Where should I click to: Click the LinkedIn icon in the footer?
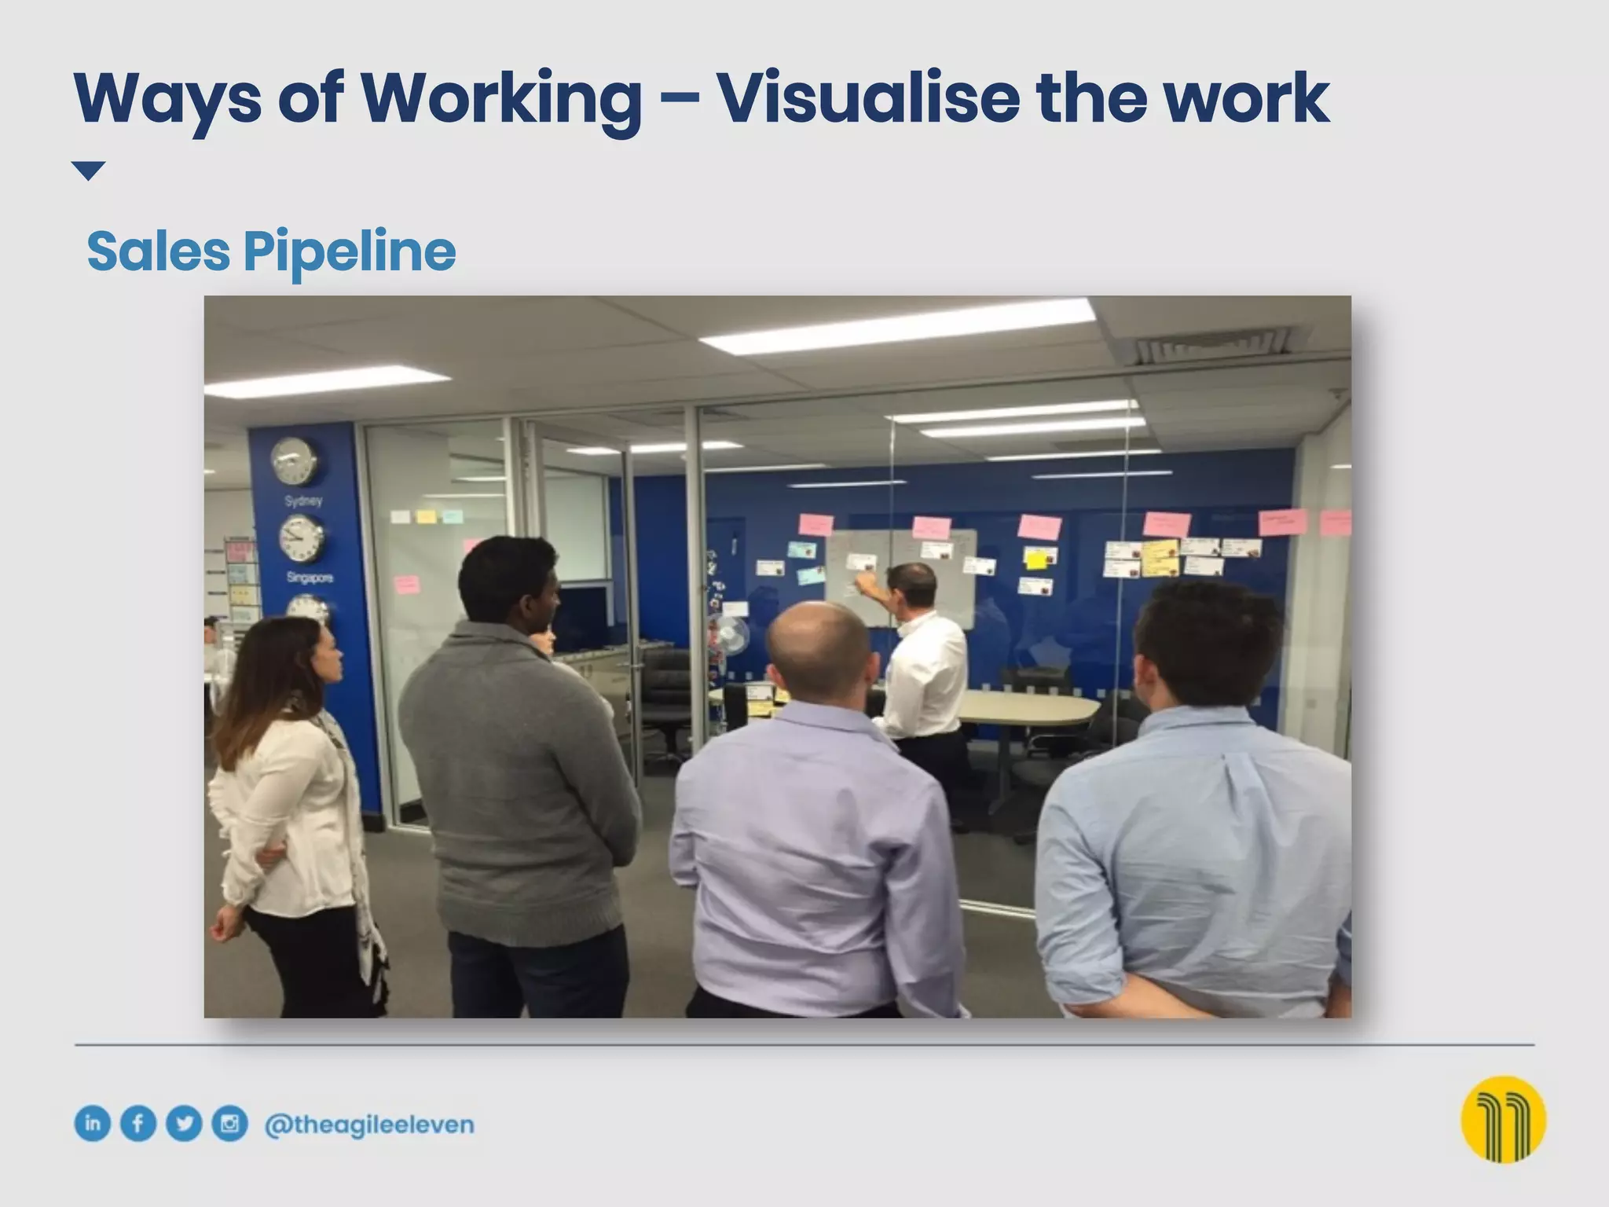point(93,1124)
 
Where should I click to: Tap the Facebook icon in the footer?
point(138,1124)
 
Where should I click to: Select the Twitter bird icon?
point(184,1124)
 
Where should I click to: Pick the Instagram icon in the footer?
point(229,1124)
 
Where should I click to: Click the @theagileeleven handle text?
point(369,1124)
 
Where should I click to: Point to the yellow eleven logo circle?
point(1503,1119)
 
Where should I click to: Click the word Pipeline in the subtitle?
point(349,251)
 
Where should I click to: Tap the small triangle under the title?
point(88,171)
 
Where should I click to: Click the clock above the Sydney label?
point(295,461)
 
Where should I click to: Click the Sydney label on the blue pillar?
point(303,501)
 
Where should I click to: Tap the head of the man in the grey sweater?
point(507,581)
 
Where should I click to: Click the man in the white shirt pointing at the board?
point(923,668)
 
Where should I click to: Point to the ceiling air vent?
point(1214,346)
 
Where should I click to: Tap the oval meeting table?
point(1021,707)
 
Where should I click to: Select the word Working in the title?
point(500,99)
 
